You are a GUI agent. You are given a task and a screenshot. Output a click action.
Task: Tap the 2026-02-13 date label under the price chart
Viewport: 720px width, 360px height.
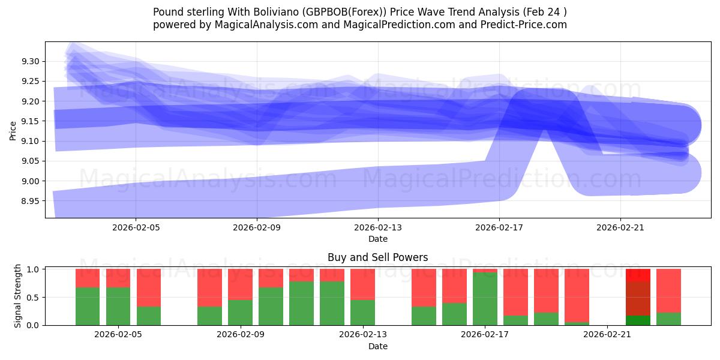pos(378,228)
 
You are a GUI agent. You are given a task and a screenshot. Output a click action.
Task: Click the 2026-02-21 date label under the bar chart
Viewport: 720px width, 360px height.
pos(607,335)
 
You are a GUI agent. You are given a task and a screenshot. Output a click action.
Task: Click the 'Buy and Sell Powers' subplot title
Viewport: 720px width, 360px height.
pos(377,257)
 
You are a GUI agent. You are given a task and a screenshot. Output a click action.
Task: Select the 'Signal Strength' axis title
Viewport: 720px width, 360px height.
pos(18,296)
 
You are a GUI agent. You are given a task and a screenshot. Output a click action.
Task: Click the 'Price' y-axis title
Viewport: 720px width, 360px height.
pos(13,130)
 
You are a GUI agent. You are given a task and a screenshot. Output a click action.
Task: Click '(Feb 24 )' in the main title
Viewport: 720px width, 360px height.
pos(545,12)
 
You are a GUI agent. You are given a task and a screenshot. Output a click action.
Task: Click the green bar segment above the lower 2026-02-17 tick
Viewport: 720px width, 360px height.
pos(485,299)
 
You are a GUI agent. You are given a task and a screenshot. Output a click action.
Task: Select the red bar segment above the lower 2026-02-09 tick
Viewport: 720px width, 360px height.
pos(240,284)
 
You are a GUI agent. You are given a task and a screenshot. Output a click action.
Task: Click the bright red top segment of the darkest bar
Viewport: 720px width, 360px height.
pos(638,275)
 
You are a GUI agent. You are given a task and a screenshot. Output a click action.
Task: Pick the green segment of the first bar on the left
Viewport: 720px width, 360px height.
pos(88,306)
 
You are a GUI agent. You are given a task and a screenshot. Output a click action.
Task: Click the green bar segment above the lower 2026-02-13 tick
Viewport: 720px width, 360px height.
pos(362,312)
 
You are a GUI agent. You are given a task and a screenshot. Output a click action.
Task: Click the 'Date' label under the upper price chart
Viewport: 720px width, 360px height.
pos(378,239)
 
